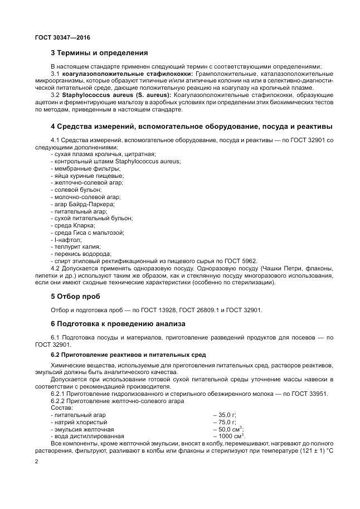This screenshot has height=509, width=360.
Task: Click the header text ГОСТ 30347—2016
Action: [x=62, y=37]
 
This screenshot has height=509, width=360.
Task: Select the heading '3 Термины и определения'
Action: [x=99, y=54]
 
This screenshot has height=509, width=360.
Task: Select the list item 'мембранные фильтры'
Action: [x=77, y=168]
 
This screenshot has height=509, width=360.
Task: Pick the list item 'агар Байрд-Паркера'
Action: [x=79, y=204]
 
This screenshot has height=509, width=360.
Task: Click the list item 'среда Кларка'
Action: [x=69, y=225]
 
